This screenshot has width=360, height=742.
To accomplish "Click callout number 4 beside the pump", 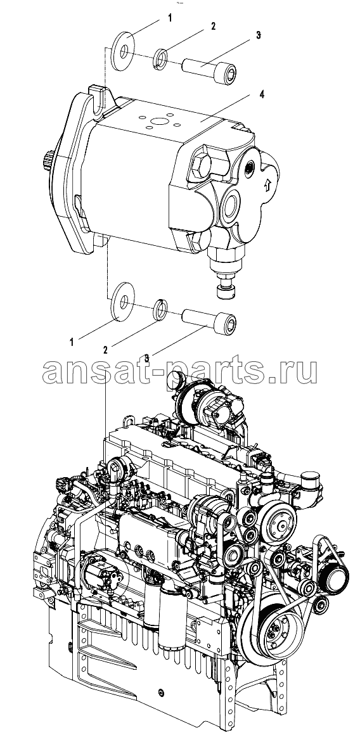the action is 261,94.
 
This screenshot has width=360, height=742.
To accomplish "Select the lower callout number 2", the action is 105,350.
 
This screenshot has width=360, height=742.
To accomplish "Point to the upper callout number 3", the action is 259,35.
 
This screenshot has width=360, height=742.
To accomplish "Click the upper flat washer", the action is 124,52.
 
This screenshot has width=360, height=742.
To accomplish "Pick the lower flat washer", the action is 123,301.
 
